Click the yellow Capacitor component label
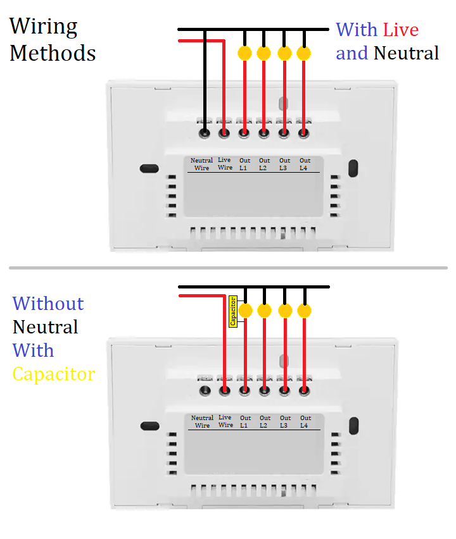click(x=233, y=311)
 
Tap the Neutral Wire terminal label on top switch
click(x=201, y=164)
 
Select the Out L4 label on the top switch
click(x=305, y=164)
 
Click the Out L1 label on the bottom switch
click(x=245, y=421)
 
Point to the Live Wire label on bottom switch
click(x=225, y=421)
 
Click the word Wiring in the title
click(x=43, y=27)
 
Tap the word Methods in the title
click(x=53, y=53)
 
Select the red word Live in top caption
click(x=401, y=30)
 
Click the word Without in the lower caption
click(x=48, y=304)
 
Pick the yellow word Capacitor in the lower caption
click(x=54, y=374)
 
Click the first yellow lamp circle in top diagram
click(x=244, y=53)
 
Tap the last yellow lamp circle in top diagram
click(x=304, y=53)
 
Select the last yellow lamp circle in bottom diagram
click(x=305, y=311)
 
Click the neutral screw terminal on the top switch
click(x=205, y=133)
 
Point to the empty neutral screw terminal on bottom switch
click(x=205, y=390)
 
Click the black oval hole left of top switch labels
click(x=148, y=169)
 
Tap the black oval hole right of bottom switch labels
click(x=353, y=425)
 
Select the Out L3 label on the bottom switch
click(x=286, y=421)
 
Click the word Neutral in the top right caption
click(x=406, y=53)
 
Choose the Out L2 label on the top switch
click(x=264, y=164)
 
